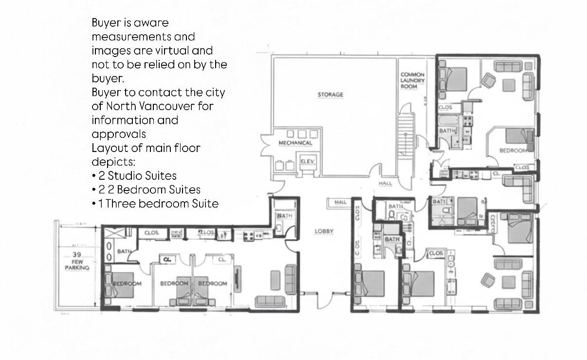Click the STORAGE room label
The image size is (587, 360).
click(x=330, y=95)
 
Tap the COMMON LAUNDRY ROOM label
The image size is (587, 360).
click(x=413, y=80)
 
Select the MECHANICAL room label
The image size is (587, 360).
click(x=295, y=143)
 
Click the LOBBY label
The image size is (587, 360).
click(x=324, y=231)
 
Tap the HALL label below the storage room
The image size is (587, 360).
click(x=385, y=183)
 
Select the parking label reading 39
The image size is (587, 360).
click(x=77, y=255)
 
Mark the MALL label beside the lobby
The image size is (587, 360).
click(x=340, y=202)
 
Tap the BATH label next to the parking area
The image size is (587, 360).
click(x=125, y=251)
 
